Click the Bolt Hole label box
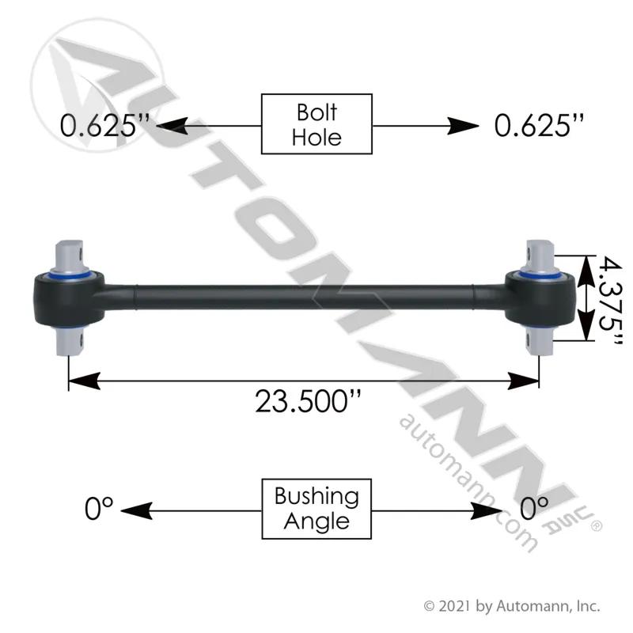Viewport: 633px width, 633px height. tap(316, 124)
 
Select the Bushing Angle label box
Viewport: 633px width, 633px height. tap(316, 509)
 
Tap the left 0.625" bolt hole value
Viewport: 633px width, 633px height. tap(104, 125)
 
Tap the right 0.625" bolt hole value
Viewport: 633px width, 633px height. tap(539, 125)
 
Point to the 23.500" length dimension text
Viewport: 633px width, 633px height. tap(308, 401)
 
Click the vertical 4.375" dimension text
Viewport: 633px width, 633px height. tap(610, 301)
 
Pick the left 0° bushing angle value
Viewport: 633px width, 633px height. tap(99, 509)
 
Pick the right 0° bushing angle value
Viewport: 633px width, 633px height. tap(533, 509)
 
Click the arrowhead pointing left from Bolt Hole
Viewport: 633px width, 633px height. tap(172, 126)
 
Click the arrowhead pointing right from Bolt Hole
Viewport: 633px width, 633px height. tap(463, 126)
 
